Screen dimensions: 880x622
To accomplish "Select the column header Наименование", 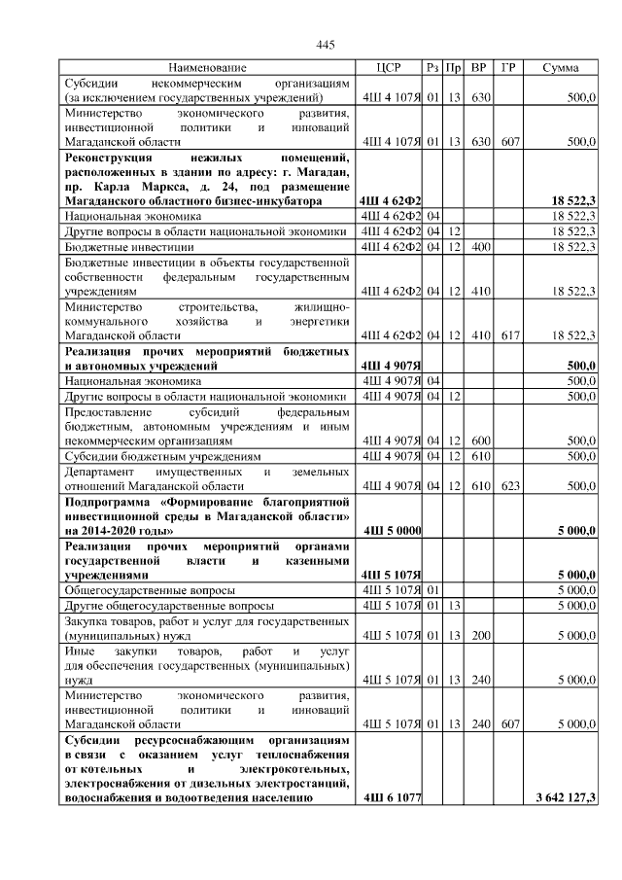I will point(207,68).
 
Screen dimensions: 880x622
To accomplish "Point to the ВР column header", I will point(478,68).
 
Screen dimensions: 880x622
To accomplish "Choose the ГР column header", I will point(507,68).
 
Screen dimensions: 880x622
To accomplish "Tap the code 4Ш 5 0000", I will point(391,531).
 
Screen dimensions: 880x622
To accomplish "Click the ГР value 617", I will point(508,335).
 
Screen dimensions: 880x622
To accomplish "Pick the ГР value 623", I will point(508,484).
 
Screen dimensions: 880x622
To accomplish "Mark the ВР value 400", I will point(479,247).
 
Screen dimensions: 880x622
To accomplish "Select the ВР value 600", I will point(479,440).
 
